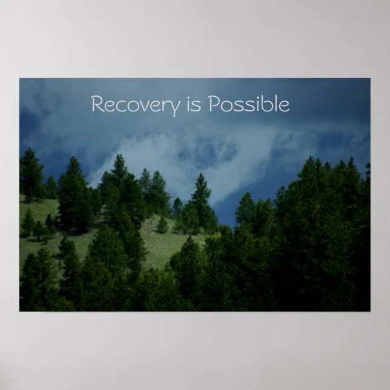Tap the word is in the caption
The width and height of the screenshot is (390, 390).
click(x=194, y=105)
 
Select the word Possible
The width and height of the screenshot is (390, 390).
click(x=248, y=105)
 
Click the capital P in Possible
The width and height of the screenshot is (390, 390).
click(x=214, y=105)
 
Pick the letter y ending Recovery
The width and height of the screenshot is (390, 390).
click(x=175, y=107)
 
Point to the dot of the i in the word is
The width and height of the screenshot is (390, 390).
click(x=190, y=98)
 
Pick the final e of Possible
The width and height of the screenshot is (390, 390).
click(x=284, y=106)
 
